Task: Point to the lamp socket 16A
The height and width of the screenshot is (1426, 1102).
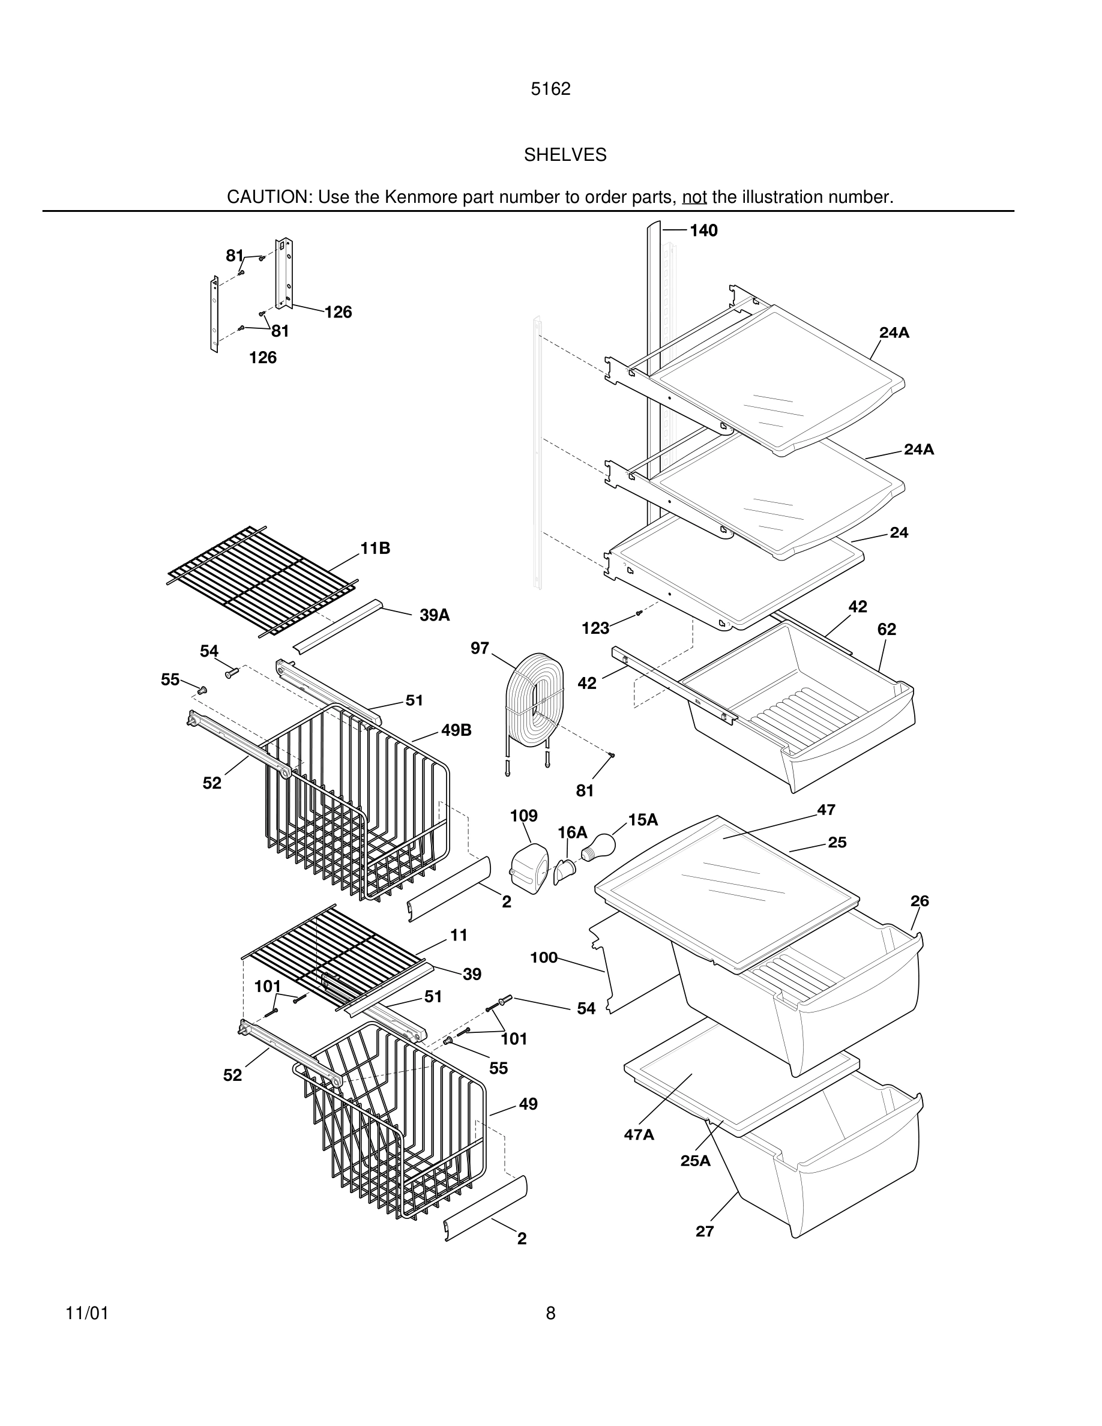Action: click(565, 870)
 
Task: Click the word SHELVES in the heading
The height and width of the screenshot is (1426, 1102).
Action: click(565, 155)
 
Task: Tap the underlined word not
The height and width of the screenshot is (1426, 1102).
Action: click(694, 197)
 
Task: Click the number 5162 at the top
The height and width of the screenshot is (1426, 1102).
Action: click(550, 89)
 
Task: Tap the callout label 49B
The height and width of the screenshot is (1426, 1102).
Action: click(456, 730)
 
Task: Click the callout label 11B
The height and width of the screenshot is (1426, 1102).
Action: click(375, 549)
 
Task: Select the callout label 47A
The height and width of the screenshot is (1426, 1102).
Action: click(639, 1135)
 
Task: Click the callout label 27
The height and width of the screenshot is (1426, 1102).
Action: click(705, 1232)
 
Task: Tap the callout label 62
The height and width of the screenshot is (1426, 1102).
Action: click(887, 630)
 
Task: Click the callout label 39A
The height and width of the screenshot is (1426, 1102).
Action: click(434, 615)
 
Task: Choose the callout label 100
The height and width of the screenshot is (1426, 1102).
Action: click(543, 958)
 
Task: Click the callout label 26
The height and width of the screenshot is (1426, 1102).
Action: click(919, 901)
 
